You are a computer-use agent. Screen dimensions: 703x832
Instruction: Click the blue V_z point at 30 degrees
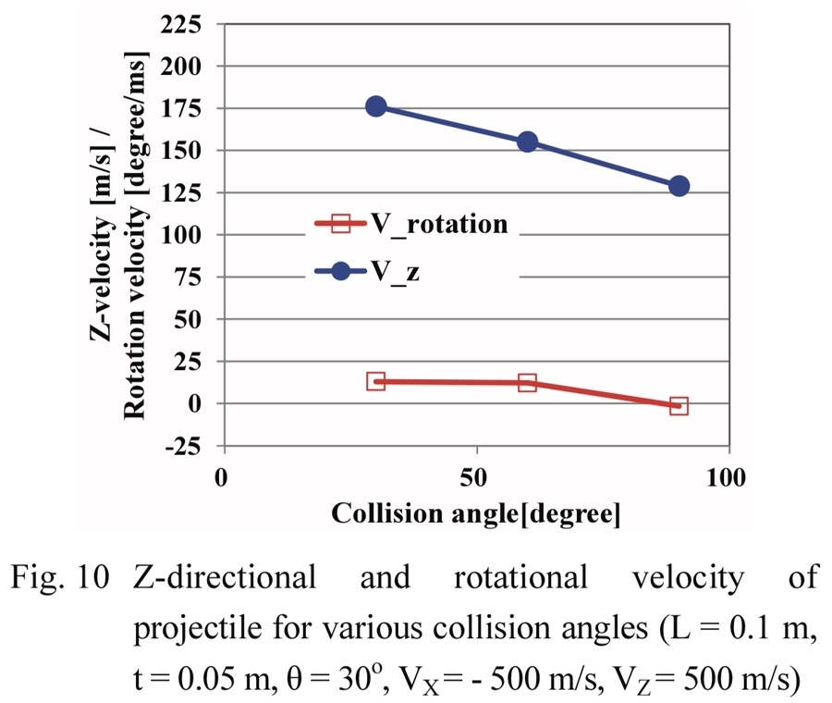point(375,107)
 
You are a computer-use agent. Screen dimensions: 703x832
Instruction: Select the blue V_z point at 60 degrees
point(527,142)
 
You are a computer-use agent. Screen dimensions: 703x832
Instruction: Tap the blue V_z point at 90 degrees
point(679,186)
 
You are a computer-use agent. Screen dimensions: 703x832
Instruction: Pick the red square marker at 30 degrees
point(375,381)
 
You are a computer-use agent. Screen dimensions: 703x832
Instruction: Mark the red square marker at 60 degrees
point(527,383)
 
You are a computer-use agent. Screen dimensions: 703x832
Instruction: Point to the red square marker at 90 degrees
point(679,405)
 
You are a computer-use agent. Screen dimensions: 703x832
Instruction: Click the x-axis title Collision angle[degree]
point(476,513)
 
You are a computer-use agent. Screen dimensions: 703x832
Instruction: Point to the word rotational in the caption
point(521,579)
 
